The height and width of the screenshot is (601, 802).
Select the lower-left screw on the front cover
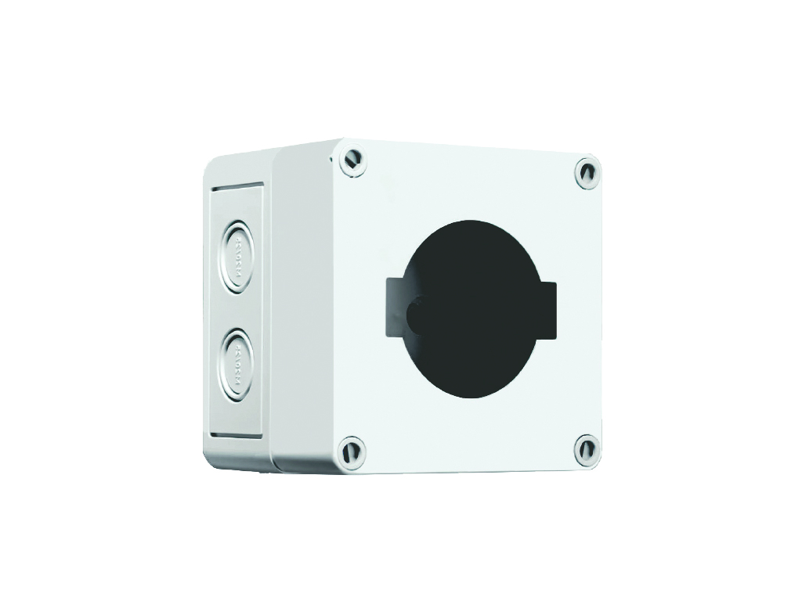coord(351,452)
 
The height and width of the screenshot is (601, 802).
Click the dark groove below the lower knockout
coord(235,436)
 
